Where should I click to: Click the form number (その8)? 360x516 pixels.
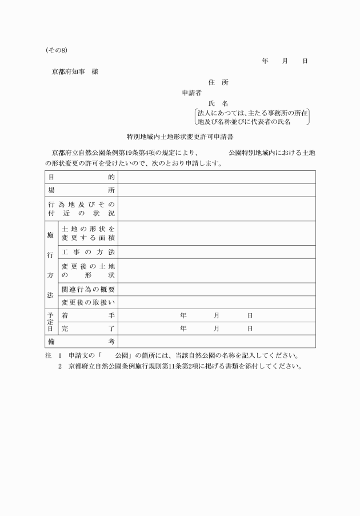click(x=57, y=50)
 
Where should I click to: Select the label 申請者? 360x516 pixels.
click(x=191, y=93)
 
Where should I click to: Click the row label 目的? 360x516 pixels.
click(x=81, y=177)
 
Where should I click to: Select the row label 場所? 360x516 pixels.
click(x=81, y=190)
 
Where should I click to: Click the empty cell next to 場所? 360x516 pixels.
click(x=217, y=190)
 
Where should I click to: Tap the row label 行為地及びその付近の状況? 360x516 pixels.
click(x=81, y=209)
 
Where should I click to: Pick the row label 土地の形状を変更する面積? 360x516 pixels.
click(x=88, y=233)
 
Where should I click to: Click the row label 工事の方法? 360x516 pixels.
click(x=88, y=252)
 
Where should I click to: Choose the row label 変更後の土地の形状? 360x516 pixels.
click(x=88, y=270)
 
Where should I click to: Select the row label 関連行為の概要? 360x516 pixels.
click(x=88, y=289)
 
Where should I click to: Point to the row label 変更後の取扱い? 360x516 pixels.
click(x=88, y=302)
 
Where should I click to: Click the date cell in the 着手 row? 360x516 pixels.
click(x=217, y=315)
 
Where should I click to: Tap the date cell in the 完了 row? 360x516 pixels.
click(x=217, y=329)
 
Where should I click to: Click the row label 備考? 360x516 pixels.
click(x=81, y=342)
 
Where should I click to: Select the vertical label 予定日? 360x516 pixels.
click(x=50, y=322)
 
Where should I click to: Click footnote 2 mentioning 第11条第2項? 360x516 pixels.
click(x=180, y=366)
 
